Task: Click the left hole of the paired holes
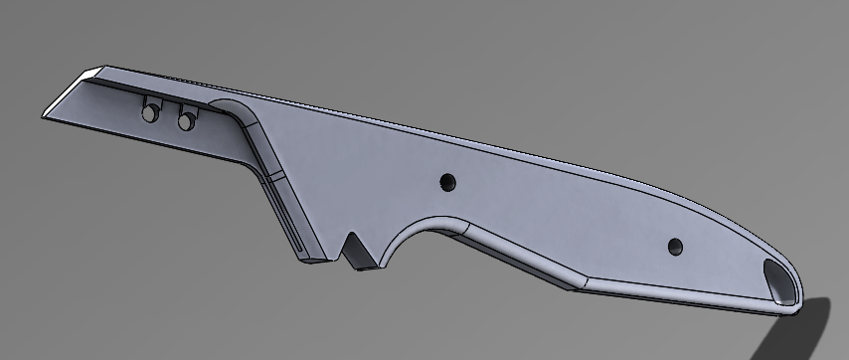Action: (x=149, y=114)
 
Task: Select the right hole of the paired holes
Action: (x=185, y=121)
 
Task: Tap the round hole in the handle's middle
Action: (x=447, y=182)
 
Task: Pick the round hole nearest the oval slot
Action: (x=675, y=245)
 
